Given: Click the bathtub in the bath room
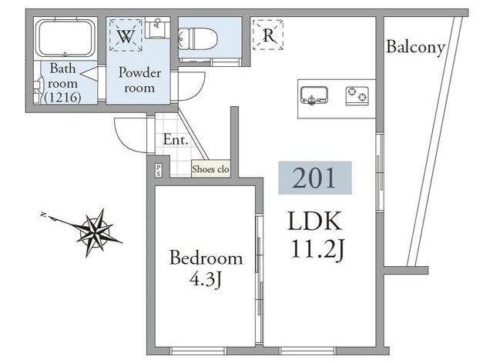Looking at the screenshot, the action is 65,38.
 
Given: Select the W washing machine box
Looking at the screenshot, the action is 126,35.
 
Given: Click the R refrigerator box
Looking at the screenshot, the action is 268,35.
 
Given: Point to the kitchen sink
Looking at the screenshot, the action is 314,95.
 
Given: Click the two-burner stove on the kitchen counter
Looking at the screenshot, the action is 357,96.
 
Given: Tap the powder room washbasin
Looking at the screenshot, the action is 157,28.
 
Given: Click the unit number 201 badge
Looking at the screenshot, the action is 315,178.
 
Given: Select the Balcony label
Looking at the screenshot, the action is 415,48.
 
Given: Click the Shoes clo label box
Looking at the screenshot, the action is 210,169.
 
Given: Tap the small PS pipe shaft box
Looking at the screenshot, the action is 158,171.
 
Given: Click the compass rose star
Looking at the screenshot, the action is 96,233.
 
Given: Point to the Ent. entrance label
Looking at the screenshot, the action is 176,140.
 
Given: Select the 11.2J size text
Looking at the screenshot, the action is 318,249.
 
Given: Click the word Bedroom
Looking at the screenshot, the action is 206,258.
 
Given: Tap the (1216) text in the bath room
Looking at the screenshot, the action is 62,98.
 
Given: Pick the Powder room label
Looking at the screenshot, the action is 139,80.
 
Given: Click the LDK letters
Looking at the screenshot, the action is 315,221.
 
